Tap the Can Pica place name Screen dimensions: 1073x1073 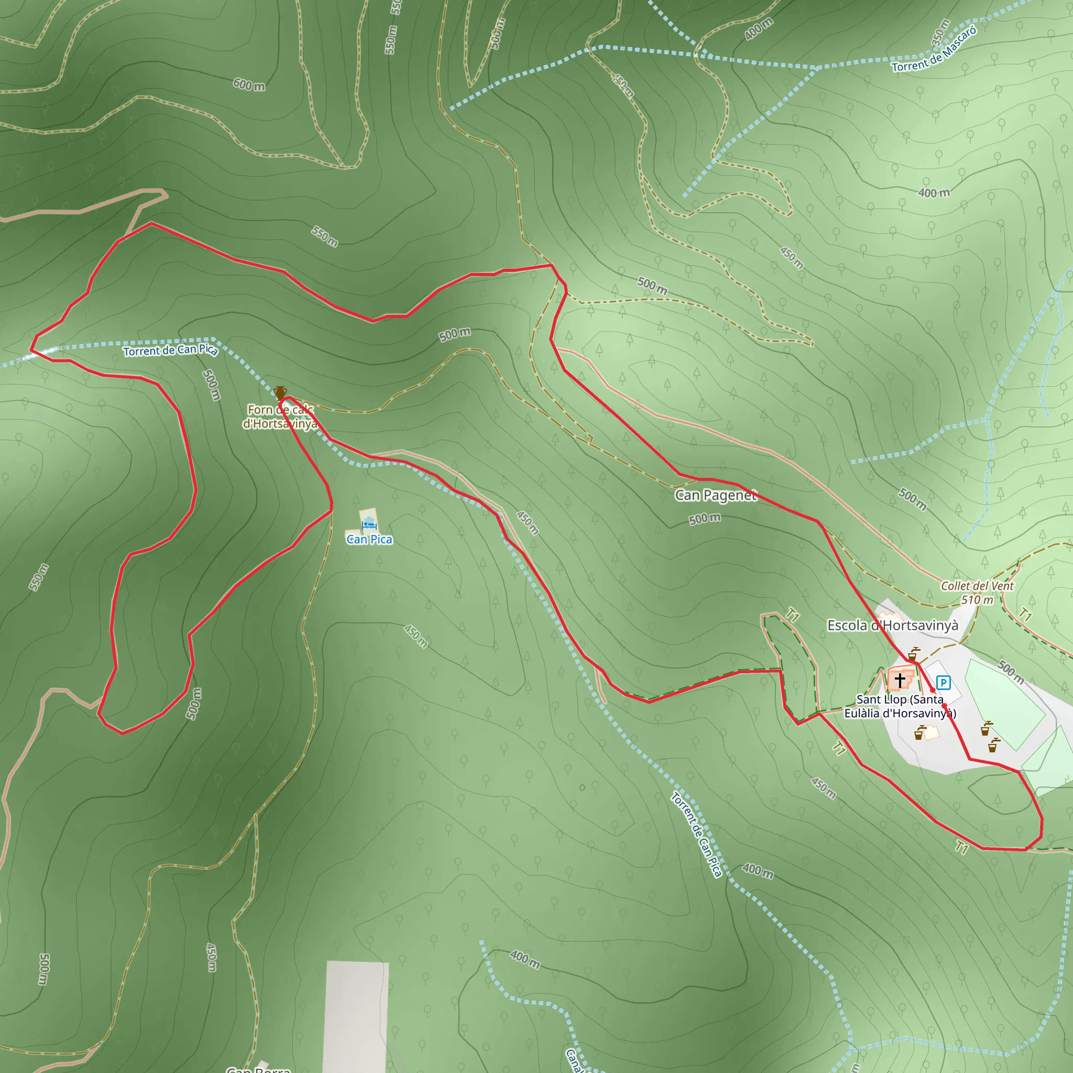369,539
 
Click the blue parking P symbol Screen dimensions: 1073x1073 943,682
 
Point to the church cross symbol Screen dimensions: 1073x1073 900,678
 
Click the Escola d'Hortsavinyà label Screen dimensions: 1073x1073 892,626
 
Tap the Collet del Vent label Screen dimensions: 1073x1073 977,586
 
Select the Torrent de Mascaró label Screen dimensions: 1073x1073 934,50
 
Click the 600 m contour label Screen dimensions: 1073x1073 249,84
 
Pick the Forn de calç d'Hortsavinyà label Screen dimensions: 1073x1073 280,417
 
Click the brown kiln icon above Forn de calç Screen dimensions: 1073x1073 280,392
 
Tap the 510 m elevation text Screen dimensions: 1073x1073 977,600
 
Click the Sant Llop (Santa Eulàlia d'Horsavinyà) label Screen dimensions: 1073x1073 900,706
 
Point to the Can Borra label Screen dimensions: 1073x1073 259,1069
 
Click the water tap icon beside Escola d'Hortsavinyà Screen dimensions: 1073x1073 912,654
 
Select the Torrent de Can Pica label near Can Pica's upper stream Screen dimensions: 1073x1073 170,350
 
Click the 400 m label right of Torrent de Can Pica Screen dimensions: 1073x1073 758,870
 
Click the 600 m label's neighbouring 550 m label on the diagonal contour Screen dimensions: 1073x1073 324,237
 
